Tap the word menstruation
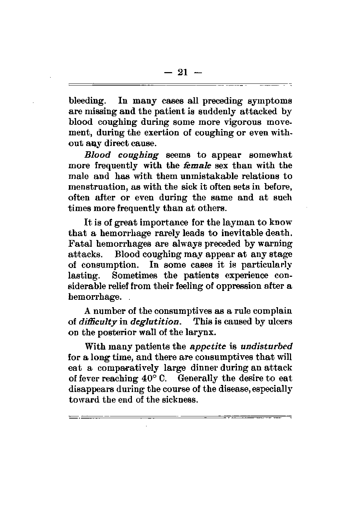92,187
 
